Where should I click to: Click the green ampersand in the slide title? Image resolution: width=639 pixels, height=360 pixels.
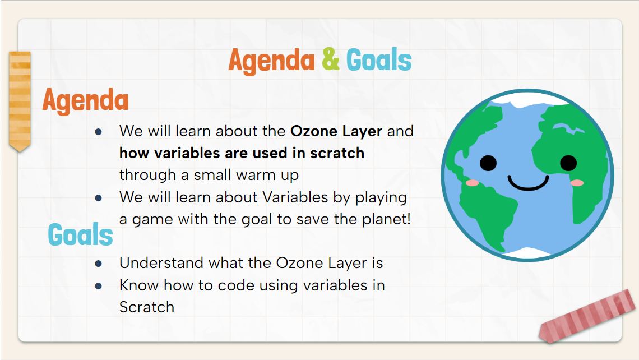point(331,59)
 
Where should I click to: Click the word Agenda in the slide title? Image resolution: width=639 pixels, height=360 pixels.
point(271,61)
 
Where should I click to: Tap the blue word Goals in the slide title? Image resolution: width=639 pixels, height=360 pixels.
point(379,60)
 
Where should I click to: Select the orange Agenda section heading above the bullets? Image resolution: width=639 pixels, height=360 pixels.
point(86,101)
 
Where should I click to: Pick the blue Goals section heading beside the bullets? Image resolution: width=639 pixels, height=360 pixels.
point(81,234)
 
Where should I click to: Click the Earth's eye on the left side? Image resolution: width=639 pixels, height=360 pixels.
point(488,163)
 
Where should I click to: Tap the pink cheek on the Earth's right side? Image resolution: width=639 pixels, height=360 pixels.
point(577,183)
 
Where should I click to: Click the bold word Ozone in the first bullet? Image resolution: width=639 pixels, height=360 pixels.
point(314,131)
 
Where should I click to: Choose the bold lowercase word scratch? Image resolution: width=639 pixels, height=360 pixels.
point(337,153)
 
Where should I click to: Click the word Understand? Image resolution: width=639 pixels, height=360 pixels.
point(161,263)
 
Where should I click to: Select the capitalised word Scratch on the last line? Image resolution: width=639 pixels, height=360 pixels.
point(147,307)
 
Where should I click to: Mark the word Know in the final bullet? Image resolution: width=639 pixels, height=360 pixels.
point(139,285)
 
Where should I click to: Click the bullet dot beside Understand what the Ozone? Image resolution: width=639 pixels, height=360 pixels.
point(98,264)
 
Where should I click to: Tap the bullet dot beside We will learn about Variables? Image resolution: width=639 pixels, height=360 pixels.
point(98,198)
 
